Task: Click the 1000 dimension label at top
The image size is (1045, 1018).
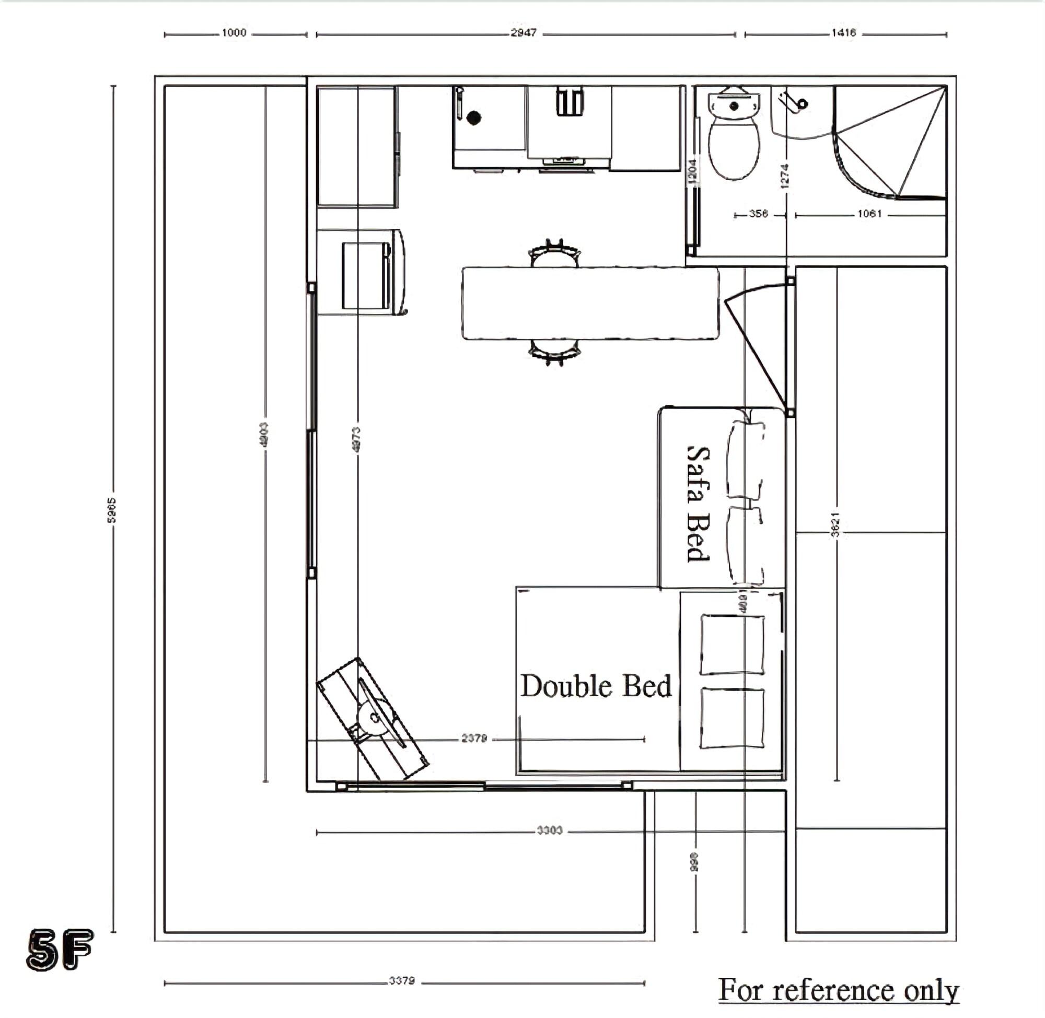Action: (x=234, y=33)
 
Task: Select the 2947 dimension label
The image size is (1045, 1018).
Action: (x=523, y=33)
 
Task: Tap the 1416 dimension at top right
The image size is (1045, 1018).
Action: (x=843, y=33)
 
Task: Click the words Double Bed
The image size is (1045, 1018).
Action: (x=596, y=686)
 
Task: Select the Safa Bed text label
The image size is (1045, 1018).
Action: (x=698, y=504)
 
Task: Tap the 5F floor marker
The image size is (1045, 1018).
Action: (x=60, y=950)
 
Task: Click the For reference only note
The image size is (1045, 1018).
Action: (x=838, y=990)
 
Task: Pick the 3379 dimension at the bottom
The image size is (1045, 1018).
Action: (x=402, y=981)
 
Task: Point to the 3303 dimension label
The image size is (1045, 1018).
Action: (x=549, y=830)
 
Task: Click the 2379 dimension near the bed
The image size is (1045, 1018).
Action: (x=474, y=739)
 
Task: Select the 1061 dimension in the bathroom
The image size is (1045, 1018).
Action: (x=869, y=214)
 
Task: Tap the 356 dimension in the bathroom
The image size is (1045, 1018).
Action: (x=758, y=214)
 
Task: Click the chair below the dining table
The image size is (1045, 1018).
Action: (x=554, y=352)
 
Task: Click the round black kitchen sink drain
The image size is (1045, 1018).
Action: (x=473, y=118)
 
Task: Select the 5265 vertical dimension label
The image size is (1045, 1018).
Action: (x=111, y=510)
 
